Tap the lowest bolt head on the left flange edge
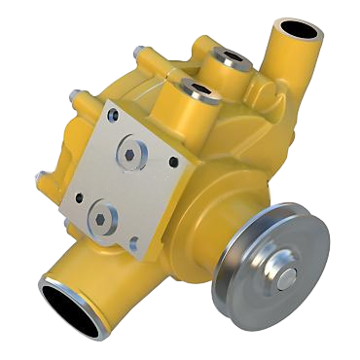click(42, 177)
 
